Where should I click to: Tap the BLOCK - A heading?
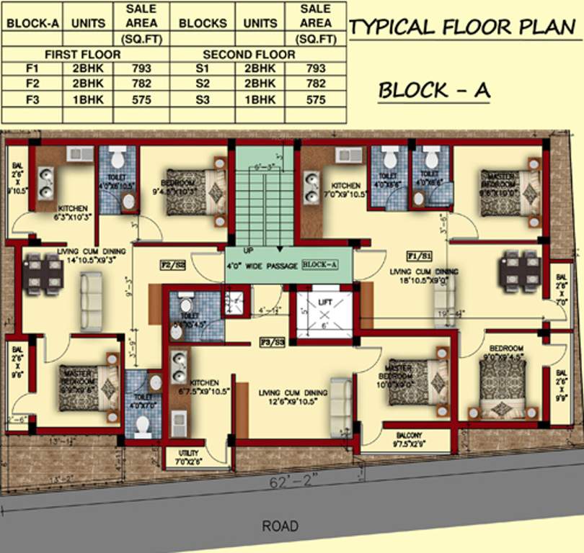[x=434, y=91]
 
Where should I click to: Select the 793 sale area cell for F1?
[x=142, y=68]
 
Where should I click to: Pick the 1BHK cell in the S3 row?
[x=260, y=100]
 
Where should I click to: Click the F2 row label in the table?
[x=32, y=84]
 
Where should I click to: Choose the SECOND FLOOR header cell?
[x=249, y=54]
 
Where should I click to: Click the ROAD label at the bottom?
[x=280, y=526]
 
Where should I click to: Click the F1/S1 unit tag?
[x=420, y=256]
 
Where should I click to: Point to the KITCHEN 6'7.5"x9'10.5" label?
[x=203, y=386]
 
